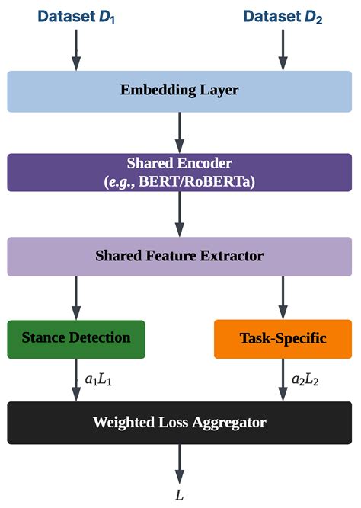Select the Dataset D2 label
[x=283, y=16]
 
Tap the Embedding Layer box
[x=180, y=91]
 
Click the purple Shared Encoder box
[x=180, y=172]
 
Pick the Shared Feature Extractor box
[x=180, y=256]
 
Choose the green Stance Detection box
[x=76, y=338]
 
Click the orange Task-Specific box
[x=283, y=338]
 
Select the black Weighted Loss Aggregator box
[x=180, y=422]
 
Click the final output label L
[x=180, y=495]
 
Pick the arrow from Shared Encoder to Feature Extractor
[x=180, y=214]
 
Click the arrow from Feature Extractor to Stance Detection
[x=75, y=297]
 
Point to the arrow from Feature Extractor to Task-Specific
[x=283, y=297]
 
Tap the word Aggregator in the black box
[x=229, y=422]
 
